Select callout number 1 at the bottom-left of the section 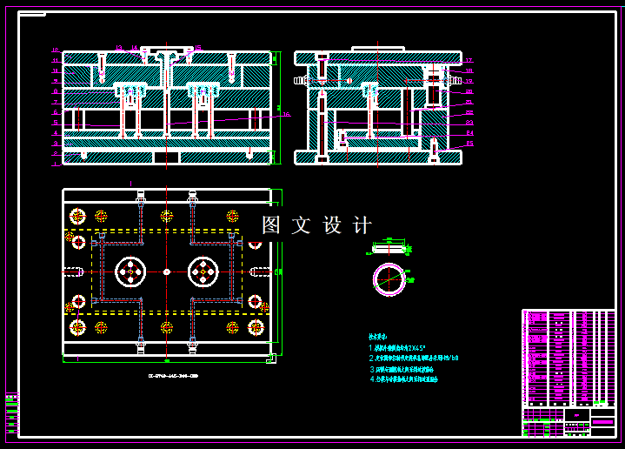point(56,163)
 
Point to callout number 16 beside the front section point(285,114)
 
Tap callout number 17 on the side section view point(469,61)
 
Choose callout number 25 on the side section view point(469,143)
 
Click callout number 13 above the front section point(119,48)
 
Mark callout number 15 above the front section point(197,48)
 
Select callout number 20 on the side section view point(469,91)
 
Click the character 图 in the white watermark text point(272,225)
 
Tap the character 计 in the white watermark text point(362,225)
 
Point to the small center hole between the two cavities point(167,271)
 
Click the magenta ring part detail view point(389,279)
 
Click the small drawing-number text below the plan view point(167,375)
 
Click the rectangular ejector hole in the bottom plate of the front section point(167,157)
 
